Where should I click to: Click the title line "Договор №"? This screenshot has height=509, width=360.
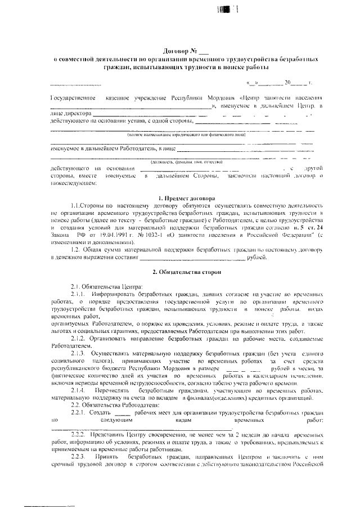click(x=181, y=51)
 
